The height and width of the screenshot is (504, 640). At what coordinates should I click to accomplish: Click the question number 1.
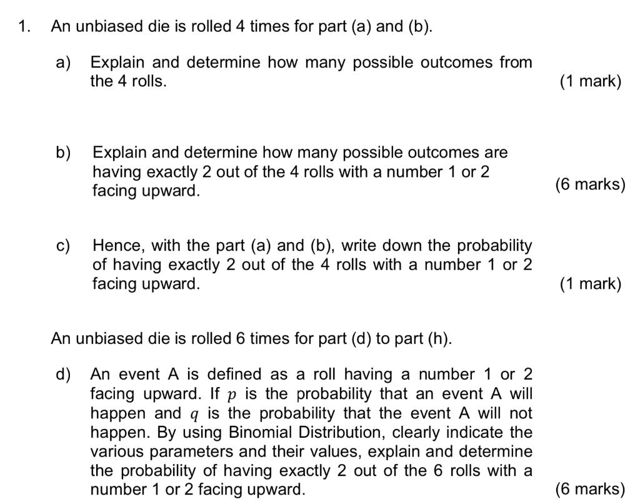pyautogui.click(x=24, y=27)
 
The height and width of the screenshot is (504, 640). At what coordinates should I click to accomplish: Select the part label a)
pyautogui.click(x=63, y=62)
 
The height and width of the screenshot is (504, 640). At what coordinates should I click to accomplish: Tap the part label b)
pyautogui.click(x=64, y=153)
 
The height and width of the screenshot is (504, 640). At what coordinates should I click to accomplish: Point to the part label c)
pyautogui.click(x=63, y=246)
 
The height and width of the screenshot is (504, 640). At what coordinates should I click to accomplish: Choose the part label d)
pyautogui.click(x=63, y=375)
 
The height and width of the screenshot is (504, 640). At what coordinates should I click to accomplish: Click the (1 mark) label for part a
pyautogui.click(x=591, y=81)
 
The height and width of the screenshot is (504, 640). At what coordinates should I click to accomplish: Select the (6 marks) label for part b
pyautogui.click(x=589, y=184)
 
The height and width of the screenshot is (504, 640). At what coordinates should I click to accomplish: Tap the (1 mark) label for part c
pyautogui.click(x=591, y=284)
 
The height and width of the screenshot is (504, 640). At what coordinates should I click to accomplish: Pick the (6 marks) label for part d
pyautogui.click(x=589, y=489)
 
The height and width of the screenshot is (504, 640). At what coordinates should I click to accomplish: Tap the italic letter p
pyautogui.click(x=232, y=395)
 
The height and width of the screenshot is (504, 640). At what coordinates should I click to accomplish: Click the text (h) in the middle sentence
pyautogui.click(x=438, y=339)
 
